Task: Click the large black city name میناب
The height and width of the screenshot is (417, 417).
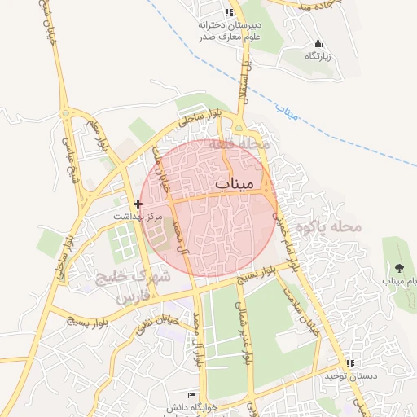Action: point(235,185)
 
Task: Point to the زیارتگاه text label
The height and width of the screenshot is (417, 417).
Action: point(317,56)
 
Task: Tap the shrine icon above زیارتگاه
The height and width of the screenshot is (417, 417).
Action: point(318,44)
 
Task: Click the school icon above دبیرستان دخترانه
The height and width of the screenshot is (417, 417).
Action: point(229,12)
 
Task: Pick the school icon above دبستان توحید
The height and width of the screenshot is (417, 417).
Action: point(350,363)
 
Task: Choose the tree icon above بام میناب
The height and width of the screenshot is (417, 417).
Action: point(398,267)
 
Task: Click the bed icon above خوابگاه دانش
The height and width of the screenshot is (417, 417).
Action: point(192,395)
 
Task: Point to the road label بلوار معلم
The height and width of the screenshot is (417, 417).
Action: point(103,135)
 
